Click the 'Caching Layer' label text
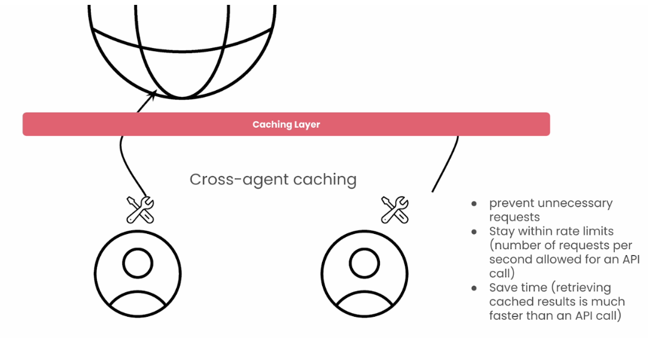286,124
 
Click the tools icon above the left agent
140,210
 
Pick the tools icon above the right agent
395,210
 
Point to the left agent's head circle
138,263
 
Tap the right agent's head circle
364,263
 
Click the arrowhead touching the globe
152,94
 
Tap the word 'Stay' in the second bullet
502,231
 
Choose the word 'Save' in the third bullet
502,288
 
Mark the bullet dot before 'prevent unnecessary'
474,203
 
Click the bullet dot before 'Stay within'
474,231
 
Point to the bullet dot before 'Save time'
474,288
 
